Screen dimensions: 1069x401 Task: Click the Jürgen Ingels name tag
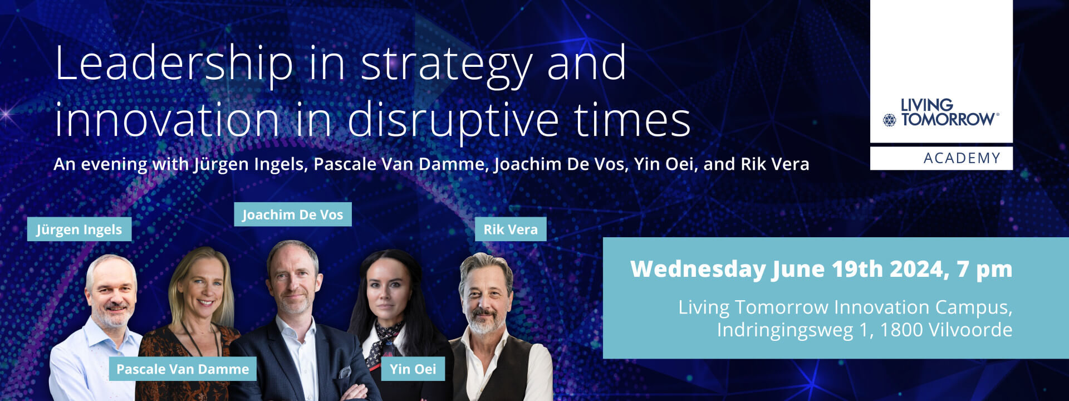pyautogui.click(x=79, y=229)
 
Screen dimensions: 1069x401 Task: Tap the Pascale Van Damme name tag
pyautogui.click(x=183, y=369)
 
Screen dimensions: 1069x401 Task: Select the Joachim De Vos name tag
pyautogui.click(x=293, y=214)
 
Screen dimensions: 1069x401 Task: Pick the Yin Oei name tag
pyautogui.click(x=413, y=369)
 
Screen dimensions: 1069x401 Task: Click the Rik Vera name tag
pyautogui.click(x=511, y=229)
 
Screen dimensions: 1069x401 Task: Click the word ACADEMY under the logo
pyautogui.click(x=962, y=158)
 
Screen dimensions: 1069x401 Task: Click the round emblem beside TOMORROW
pyautogui.click(x=890, y=120)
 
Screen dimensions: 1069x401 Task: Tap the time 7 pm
pyautogui.click(x=984, y=270)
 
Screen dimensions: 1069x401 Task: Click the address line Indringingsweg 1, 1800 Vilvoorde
pyautogui.click(x=864, y=330)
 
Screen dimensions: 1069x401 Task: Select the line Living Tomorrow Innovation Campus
pyautogui.click(x=845, y=307)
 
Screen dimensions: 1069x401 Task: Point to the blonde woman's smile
pyautogui.click(x=205, y=302)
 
